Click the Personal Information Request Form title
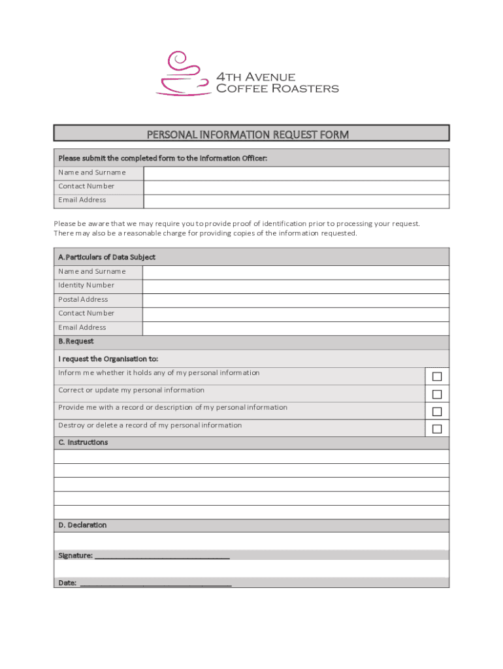[248, 135]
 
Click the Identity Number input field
[295, 286]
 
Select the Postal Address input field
[295, 300]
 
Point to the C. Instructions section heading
[83, 442]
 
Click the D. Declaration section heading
[82, 525]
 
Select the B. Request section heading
[76, 341]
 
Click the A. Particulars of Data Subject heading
[106, 257]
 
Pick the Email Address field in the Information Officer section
[296, 201]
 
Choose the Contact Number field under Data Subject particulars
[295, 314]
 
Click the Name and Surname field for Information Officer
[296, 173]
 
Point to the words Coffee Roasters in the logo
[277, 88]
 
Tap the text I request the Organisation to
[108, 359]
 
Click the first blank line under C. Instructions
[252, 457]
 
